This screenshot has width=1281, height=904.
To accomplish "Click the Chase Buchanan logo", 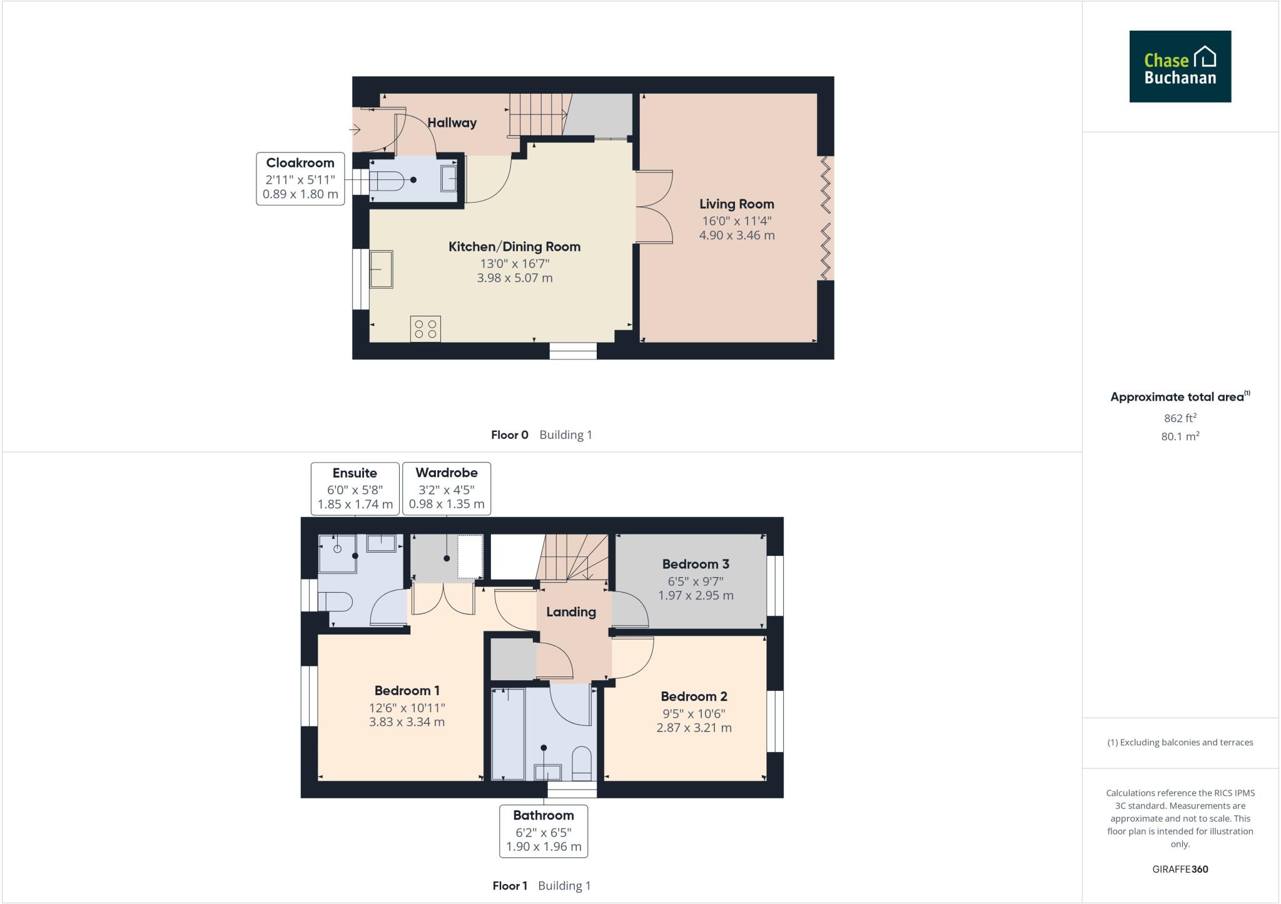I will (x=1180, y=66).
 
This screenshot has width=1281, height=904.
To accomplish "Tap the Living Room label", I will (x=736, y=204).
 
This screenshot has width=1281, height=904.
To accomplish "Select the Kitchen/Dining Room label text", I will (x=514, y=247).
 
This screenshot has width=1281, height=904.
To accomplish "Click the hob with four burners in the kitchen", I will (x=425, y=329).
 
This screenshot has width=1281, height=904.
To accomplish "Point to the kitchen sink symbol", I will (x=381, y=269).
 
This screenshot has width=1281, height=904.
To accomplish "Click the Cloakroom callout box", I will (x=300, y=178).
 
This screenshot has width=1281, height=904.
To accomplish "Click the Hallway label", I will (x=452, y=123).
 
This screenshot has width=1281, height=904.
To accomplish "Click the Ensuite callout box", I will (x=355, y=488).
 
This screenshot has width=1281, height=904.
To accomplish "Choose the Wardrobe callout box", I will (x=446, y=488).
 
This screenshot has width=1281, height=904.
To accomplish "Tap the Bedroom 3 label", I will (x=696, y=565).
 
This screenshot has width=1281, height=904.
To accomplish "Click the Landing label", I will (x=570, y=612).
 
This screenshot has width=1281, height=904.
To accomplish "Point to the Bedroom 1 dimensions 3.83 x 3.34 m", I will (x=407, y=722).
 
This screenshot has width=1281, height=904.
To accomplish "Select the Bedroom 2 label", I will (x=694, y=696).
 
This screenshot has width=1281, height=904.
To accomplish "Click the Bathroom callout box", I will (x=543, y=831).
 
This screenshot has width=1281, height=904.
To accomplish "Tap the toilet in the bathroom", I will (x=582, y=763).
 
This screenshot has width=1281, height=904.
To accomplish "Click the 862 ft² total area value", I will (x=1180, y=418).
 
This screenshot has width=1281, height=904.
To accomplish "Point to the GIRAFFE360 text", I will (x=1180, y=869).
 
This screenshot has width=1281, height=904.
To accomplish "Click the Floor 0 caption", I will (x=510, y=435).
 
